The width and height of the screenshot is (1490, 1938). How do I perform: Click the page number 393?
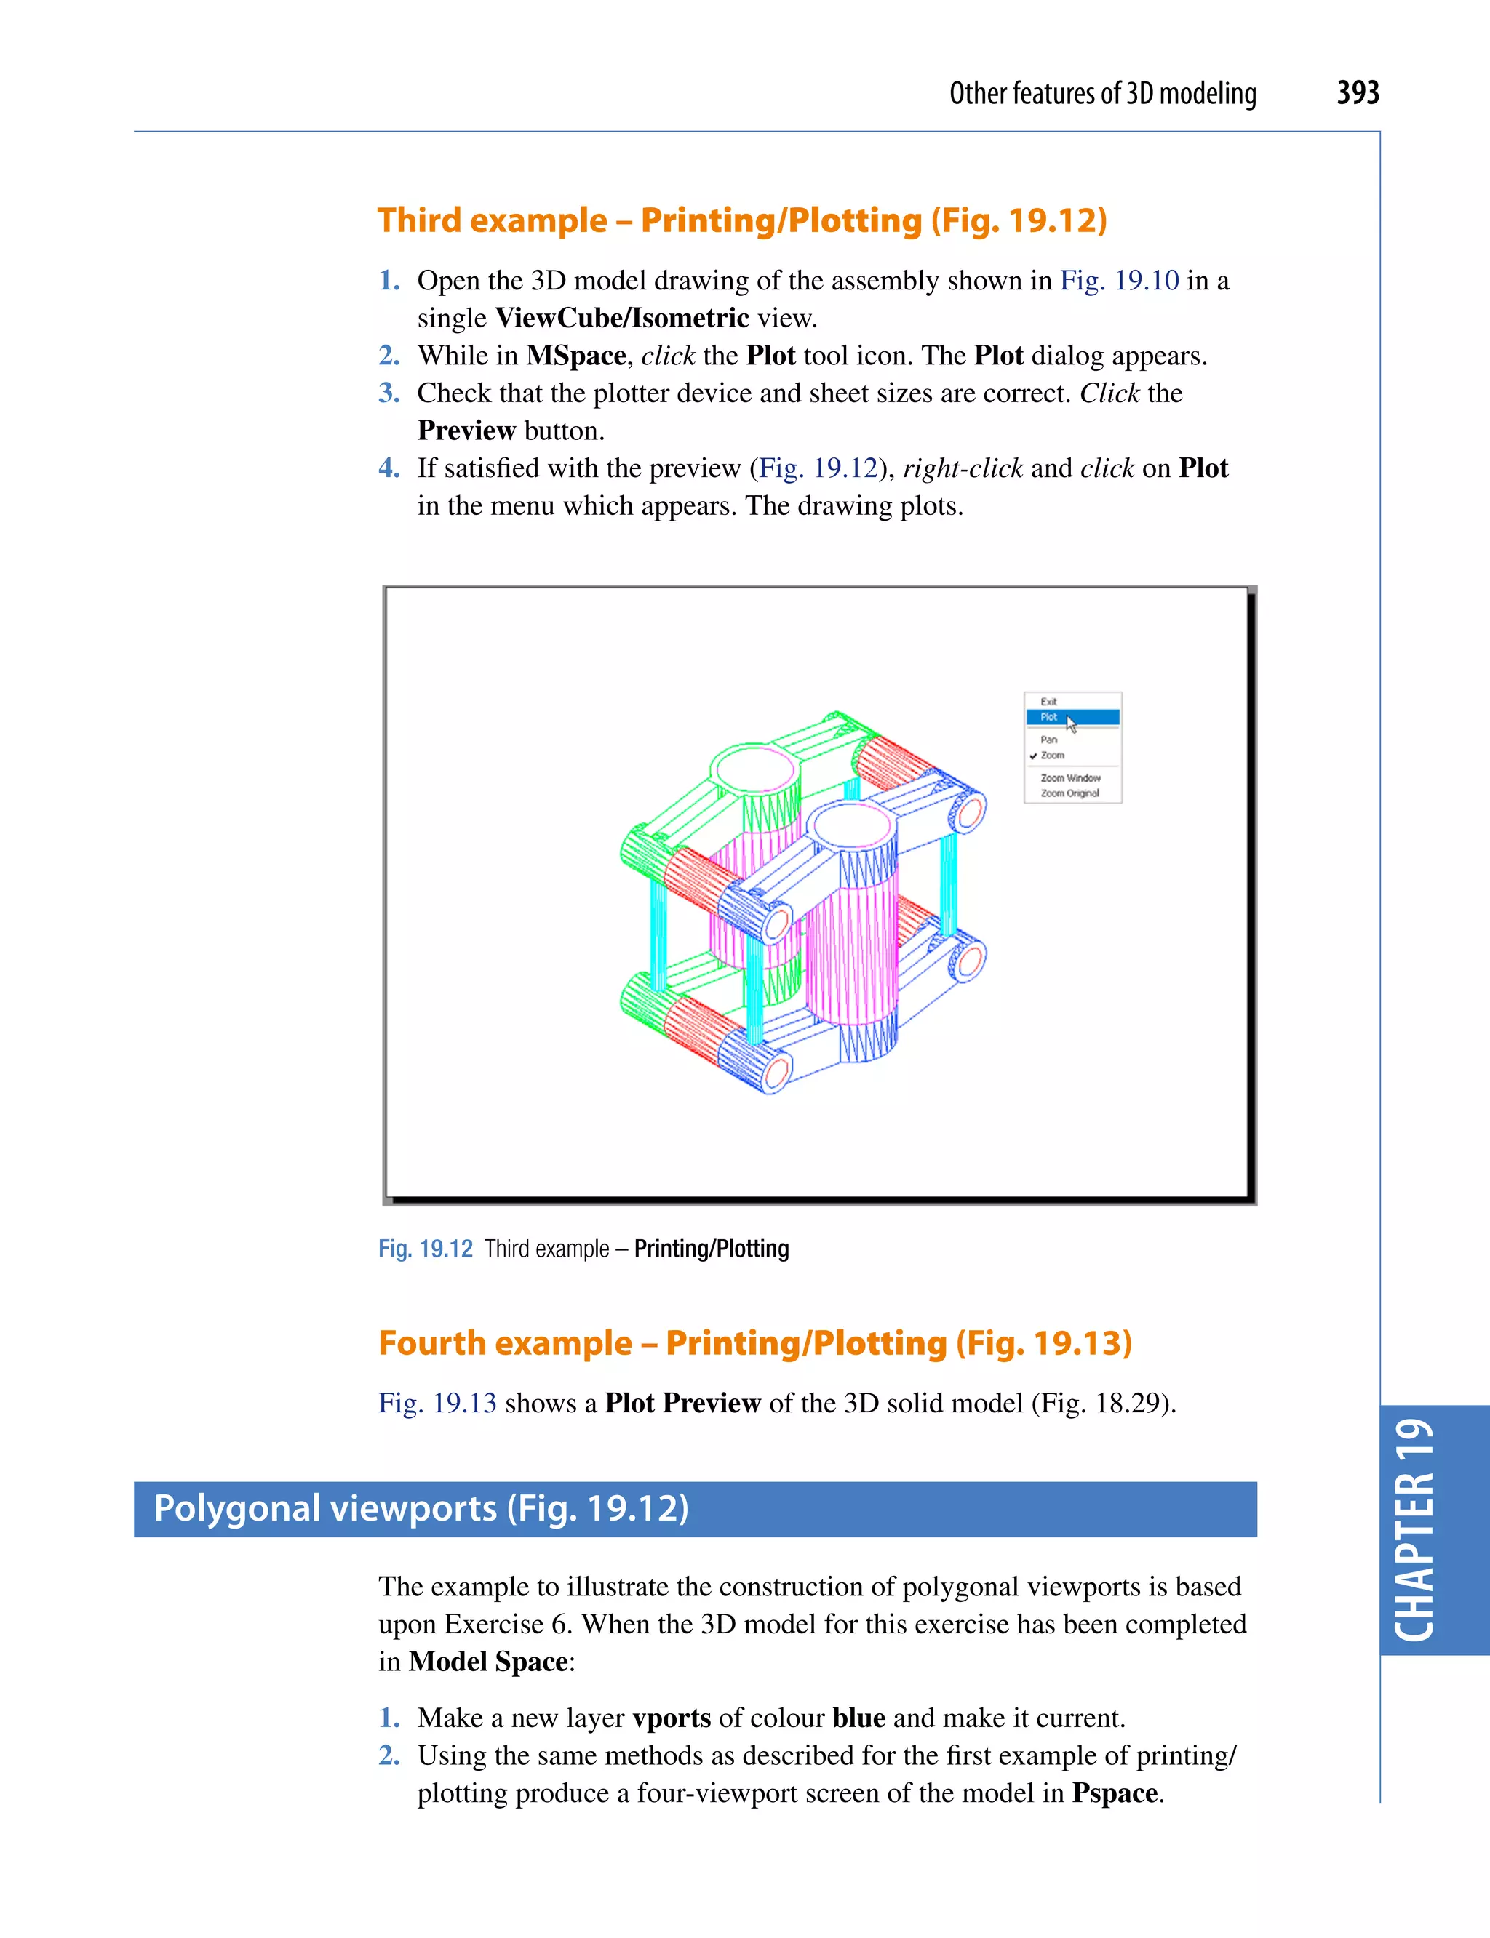click(x=1357, y=93)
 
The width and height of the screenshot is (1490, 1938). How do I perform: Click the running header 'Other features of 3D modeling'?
click(x=1102, y=94)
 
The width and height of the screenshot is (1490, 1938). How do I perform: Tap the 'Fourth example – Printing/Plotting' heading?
click(x=754, y=1342)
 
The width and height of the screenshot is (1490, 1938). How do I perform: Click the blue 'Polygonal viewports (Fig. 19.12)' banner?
click(x=695, y=1508)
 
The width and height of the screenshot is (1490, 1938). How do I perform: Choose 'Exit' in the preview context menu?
click(x=1048, y=701)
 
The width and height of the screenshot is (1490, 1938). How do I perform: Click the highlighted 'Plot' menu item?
click(x=1050, y=717)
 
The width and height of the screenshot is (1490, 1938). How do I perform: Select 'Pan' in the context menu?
click(x=1049, y=740)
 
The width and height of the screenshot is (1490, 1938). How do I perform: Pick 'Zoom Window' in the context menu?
click(x=1070, y=777)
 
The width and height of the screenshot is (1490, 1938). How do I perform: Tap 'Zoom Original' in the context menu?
click(x=1069, y=793)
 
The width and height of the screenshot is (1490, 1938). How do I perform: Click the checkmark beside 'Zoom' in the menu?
click(x=1033, y=756)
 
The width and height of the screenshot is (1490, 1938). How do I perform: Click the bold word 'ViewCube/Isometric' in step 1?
click(x=622, y=317)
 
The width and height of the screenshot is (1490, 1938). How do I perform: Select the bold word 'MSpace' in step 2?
click(x=575, y=356)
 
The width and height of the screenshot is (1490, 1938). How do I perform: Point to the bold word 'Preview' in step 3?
click(x=466, y=431)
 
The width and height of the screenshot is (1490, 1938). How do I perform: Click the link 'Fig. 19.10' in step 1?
click(x=1119, y=280)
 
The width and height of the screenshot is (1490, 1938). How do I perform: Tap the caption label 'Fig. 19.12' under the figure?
click(x=426, y=1249)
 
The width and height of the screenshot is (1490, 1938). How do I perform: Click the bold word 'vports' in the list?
click(x=672, y=1717)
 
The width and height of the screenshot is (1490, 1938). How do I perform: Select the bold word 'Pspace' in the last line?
click(x=1115, y=1793)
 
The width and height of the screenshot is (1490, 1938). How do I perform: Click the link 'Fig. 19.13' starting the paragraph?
click(x=437, y=1403)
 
